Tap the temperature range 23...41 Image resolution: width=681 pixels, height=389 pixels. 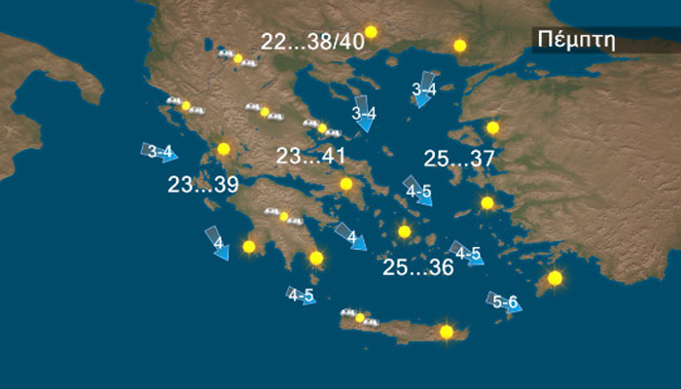point(310,157)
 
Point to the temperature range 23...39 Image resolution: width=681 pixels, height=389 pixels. point(202,185)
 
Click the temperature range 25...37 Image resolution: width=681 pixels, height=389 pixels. point(459,159)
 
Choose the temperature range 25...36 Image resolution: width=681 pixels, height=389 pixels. point(418,267)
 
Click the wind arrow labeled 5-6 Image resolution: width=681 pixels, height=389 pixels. point(504,302)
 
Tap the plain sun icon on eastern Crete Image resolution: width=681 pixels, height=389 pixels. point(447,332)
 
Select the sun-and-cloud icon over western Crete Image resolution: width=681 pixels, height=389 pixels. point(359,317)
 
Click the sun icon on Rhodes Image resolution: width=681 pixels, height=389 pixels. point(555,278)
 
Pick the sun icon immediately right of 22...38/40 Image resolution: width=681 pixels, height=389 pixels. point(370,32)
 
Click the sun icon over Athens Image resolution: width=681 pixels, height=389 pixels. point(345,184)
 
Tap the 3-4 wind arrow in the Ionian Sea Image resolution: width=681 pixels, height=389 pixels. point(159,153)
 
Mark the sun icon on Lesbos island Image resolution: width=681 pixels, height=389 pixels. point(492,127)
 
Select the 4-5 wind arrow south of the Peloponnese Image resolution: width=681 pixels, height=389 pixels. point(301,295)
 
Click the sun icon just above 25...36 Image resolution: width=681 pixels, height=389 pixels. point(405,231)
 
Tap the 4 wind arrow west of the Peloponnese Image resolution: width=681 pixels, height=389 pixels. point(216,243)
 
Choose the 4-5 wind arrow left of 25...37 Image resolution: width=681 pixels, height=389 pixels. point(418,191)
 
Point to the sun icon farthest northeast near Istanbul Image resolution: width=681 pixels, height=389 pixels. point(460,45)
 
